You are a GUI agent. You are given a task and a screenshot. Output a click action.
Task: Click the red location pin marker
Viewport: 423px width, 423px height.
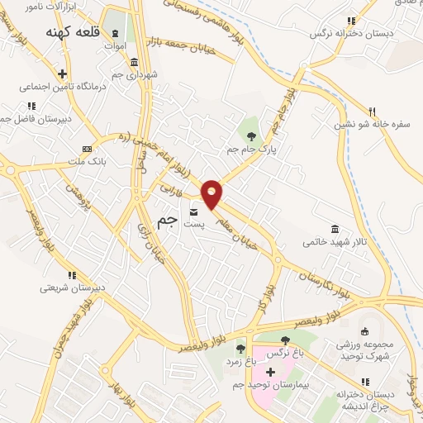pos(212,192)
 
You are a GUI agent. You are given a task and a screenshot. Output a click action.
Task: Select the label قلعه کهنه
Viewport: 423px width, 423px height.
pos(73,33)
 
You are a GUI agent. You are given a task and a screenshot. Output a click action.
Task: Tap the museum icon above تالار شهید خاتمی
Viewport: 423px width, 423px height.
pos(335,229)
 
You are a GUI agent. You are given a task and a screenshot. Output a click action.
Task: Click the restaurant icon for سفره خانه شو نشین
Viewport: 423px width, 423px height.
pos(372,112)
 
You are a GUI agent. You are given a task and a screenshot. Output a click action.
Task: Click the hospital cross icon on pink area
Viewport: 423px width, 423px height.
pos(270,372)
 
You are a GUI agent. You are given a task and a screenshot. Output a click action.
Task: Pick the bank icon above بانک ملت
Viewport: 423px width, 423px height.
pos(85,149)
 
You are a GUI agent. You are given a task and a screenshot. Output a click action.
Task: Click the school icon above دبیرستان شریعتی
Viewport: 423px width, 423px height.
pos(73,275)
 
